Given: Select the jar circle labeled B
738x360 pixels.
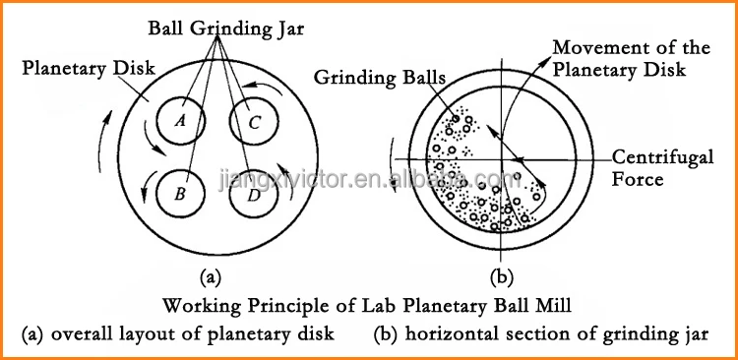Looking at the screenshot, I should point(179,193).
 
